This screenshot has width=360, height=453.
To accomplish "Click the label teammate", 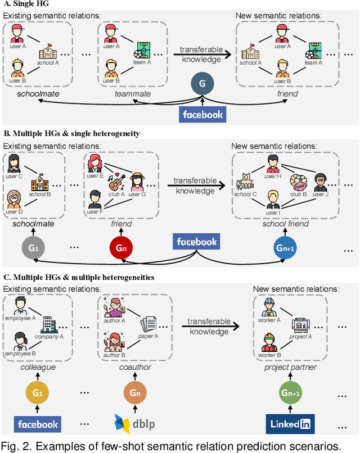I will [133, 94].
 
